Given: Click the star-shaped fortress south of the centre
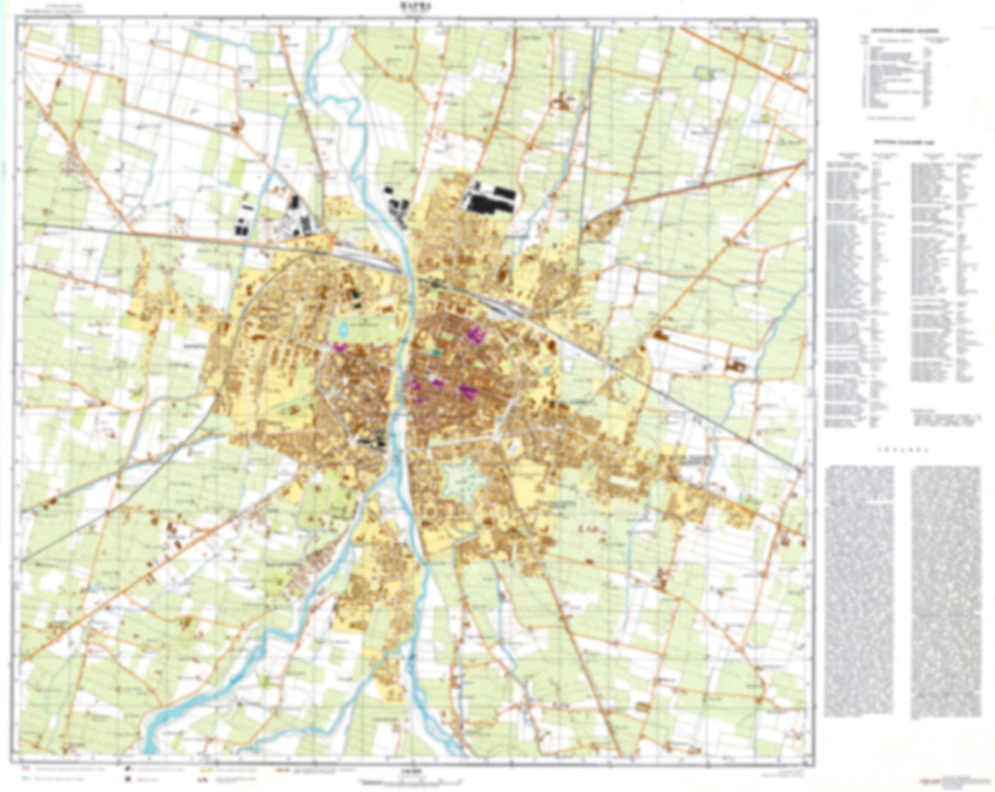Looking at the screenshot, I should [459, 477].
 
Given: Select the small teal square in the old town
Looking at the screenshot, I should [435, 351].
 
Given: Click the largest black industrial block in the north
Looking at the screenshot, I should [490, 198].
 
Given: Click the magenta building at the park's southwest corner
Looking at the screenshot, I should [339, 347].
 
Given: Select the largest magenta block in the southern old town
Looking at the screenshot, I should [468, 392].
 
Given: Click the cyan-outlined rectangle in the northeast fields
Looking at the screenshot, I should [704, 71].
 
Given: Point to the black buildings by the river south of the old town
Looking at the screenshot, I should [374, 439].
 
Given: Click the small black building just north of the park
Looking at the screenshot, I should [356, 296].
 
